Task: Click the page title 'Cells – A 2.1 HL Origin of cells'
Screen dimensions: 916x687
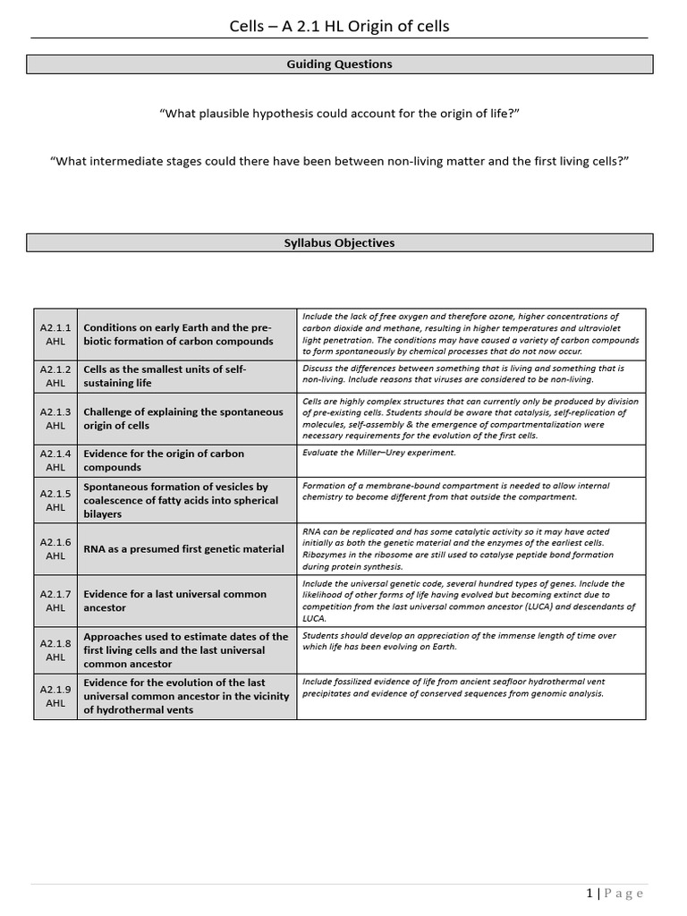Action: [x=339, y=26]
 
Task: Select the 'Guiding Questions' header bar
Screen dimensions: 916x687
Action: [x=339, y=64]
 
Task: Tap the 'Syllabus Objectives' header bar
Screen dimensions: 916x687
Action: [x=339, y=242]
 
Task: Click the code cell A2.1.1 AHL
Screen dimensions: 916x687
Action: [x=55, y=335]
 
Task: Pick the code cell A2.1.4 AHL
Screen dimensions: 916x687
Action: [x=55, y=460]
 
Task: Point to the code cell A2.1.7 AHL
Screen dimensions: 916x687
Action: [x=55, y=600]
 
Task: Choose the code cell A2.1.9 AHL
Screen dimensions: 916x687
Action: [x=55, y=696]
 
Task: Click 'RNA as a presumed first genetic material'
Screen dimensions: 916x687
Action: [x=182, y=548]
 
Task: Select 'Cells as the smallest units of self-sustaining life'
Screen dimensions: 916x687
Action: [x=165, y=376]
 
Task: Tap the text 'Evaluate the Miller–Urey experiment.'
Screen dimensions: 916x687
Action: [x=379, y=453]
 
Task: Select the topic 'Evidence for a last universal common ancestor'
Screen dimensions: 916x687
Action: [x=174, y=600]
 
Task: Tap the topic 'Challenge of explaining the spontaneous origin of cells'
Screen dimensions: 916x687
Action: [x=183, y=419]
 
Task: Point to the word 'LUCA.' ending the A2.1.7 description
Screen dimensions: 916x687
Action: [x=316, y=618]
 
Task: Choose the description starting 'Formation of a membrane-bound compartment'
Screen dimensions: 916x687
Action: [x=456, y=491]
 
